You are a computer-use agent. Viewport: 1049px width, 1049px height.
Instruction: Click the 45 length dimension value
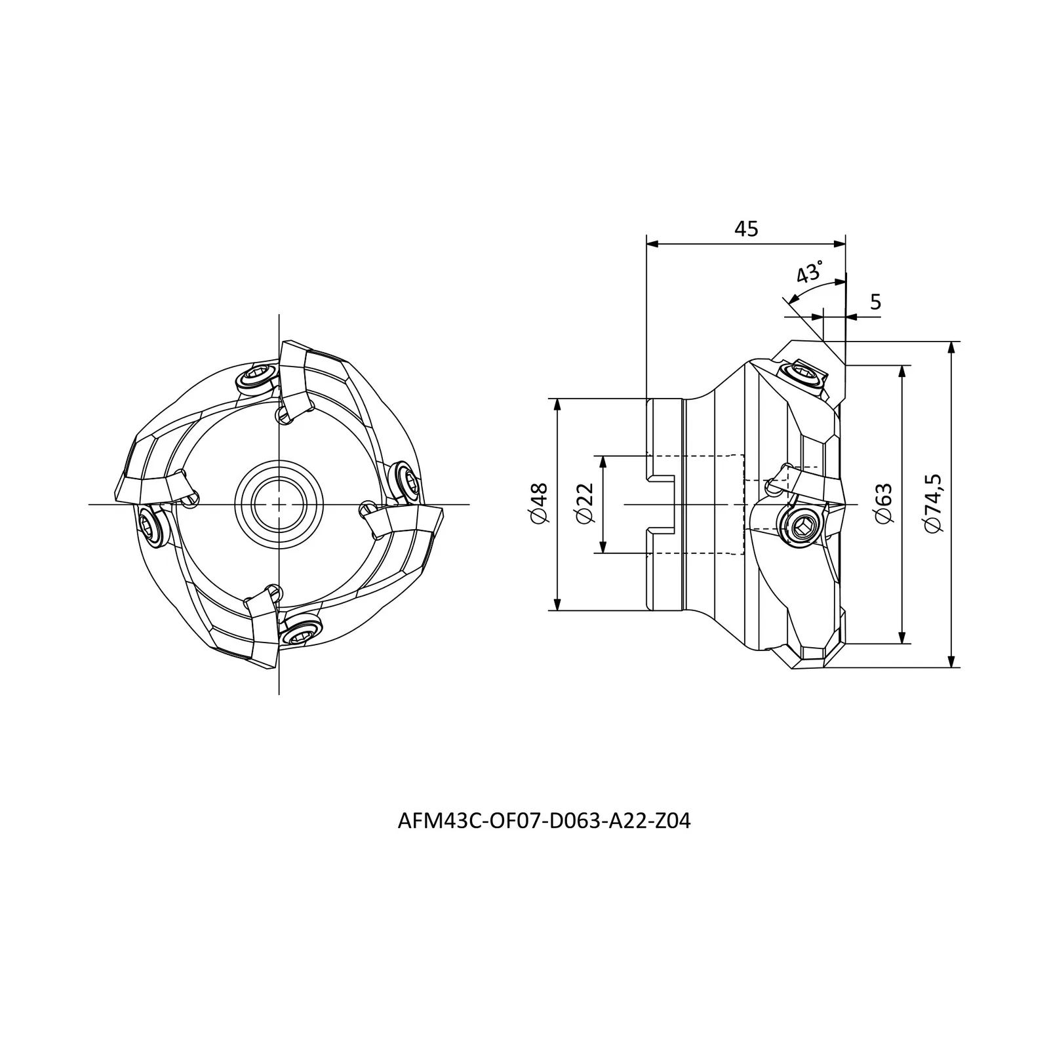(x=746, y=229)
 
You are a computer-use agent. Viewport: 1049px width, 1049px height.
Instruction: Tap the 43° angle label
(x=810, y=271)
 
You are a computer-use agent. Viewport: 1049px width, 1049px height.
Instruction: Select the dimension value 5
(x=876, y=302)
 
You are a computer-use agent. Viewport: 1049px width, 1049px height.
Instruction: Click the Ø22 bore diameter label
(x=584, y=504)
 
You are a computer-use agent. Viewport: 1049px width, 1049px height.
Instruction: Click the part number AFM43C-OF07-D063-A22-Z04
(x=544, y=821)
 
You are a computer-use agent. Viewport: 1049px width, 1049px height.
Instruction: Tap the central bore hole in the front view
(x=279, y=504)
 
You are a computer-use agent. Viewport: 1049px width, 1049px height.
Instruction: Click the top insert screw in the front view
(x=254, y=378)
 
